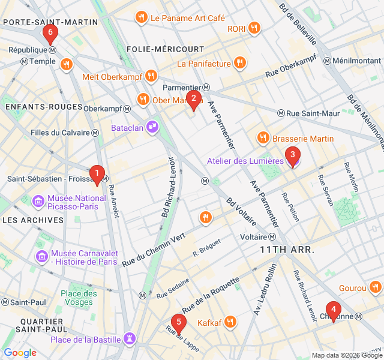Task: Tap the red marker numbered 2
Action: coord(193,100)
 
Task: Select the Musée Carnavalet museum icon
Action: coord(42,256)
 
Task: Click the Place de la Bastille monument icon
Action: coord(129,340)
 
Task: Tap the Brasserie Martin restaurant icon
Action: coord(263,139)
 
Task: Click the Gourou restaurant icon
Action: coord(376,288)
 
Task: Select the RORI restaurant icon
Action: coord(254,28)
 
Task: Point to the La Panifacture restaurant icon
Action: coord(240,63)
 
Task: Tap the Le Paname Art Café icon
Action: coord(142,17)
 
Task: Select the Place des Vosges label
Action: coord(79,298)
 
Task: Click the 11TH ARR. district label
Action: coord(287,248)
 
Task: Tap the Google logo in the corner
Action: coord(20,353)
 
